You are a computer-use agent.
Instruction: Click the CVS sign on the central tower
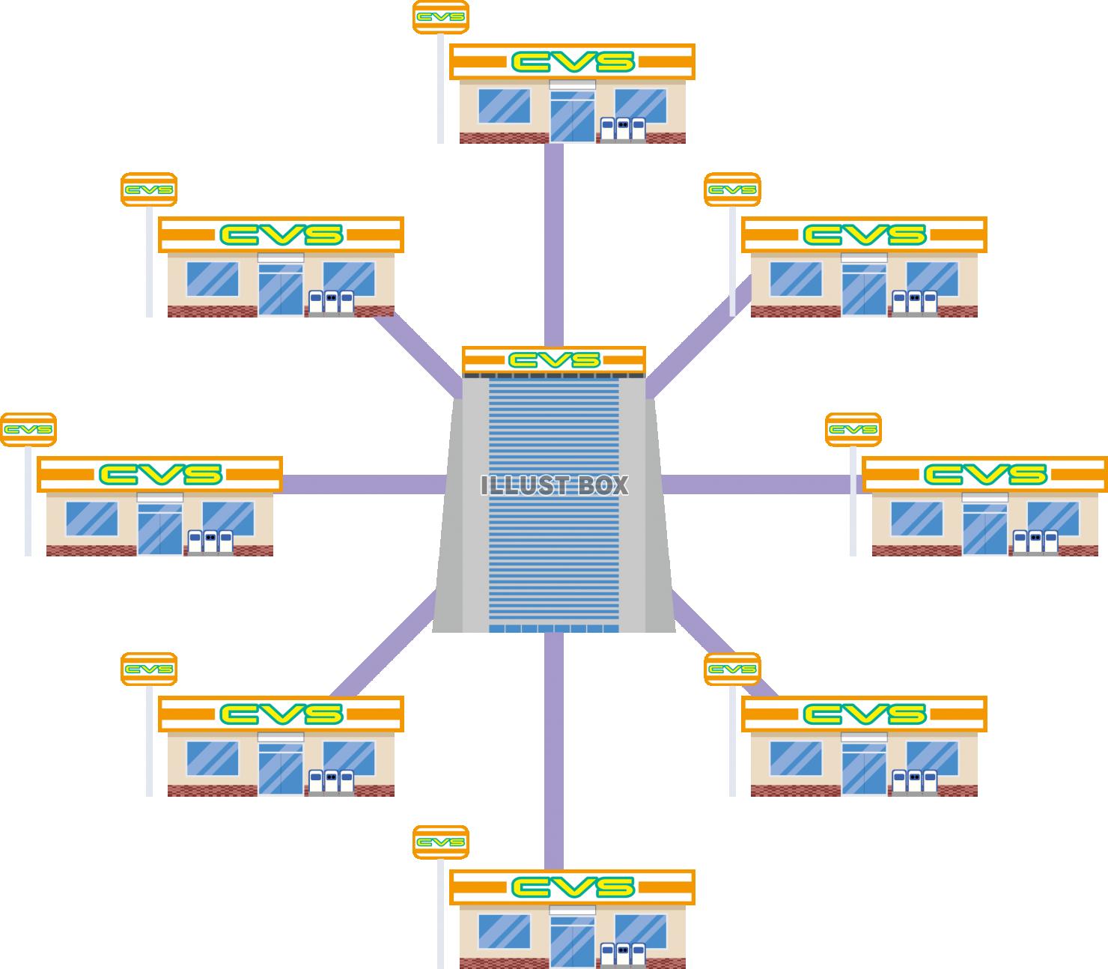(554, 360)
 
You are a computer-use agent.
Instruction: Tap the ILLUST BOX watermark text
(554, 485)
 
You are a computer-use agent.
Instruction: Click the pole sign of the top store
(441, 17)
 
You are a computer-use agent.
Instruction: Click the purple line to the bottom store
(554, 749)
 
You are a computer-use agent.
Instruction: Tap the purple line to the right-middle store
(756, 485)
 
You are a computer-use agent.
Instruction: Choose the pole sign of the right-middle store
(853, 430)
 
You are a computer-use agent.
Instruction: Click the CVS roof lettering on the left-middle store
(160, 474)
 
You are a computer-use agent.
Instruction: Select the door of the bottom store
(573, 940)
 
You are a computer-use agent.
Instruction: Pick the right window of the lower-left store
(349, 758)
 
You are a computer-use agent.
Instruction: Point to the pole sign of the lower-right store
(732, 669)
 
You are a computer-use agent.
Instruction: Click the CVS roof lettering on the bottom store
(573, 888)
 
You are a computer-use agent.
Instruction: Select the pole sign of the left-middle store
(28, 430)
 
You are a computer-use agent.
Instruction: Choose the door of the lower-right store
(864, 771)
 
